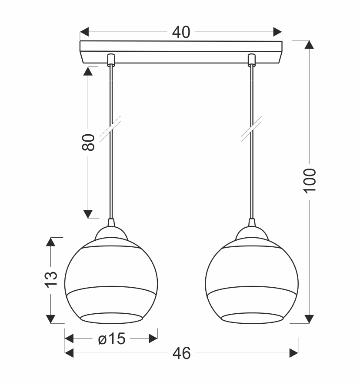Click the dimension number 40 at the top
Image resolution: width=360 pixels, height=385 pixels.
[x=181, y=32]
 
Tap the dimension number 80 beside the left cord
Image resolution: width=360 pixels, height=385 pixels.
[x=88, y=142]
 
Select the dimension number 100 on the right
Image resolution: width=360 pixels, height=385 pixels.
[x=310, y=181]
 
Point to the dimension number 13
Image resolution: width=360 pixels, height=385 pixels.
[x=51, y=279]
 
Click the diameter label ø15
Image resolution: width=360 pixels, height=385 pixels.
[x=112, y=339]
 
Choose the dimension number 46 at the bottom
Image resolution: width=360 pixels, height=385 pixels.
[x=182, y=353]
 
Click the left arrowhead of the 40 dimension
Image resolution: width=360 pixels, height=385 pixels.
[x=84, y=32]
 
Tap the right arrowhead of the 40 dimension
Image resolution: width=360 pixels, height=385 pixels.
[x=278, y=32]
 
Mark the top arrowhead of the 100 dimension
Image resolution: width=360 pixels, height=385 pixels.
[x=309, y=44]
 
